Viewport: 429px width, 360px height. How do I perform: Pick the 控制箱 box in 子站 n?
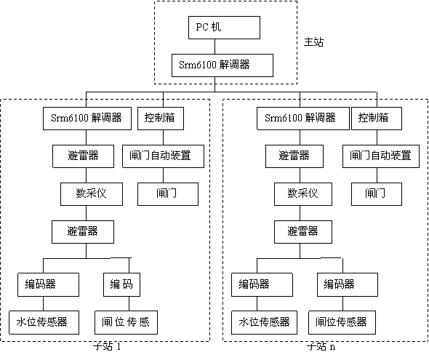pyautogui.click(x=374, y=118)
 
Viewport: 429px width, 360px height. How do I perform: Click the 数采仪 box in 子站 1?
pyautogui.click(x=86, y=194)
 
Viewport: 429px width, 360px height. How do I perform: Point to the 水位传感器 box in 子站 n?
pyautogui.click(x=263, y=321)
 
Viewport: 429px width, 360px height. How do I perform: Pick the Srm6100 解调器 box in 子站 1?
pyautogui.click(x=87, y=118)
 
